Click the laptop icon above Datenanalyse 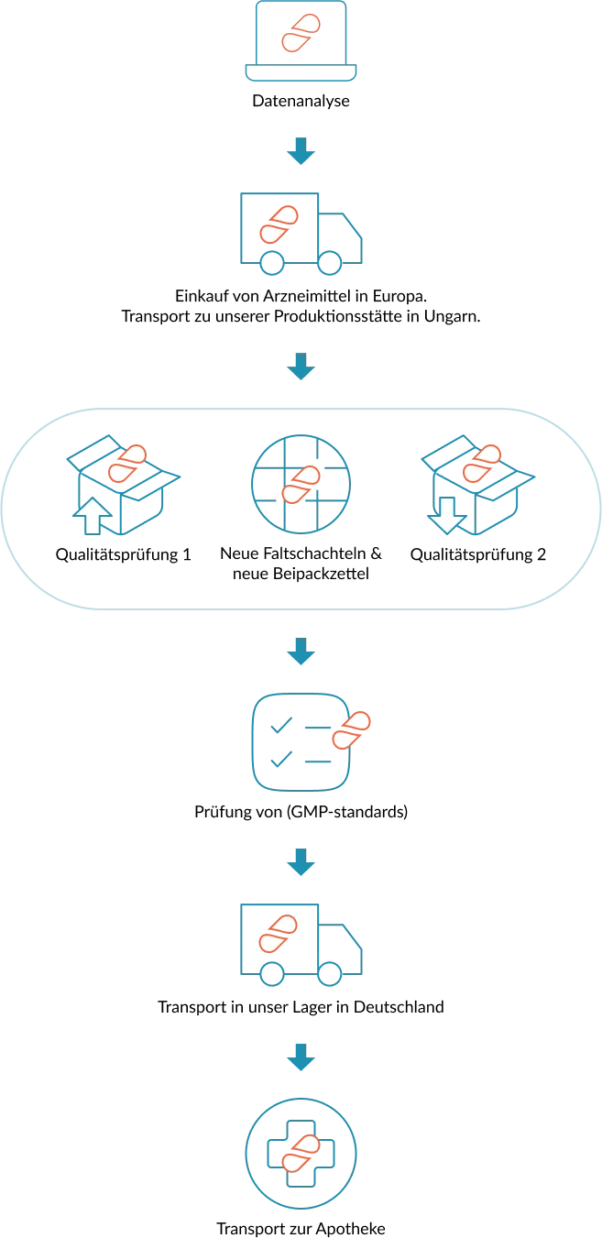(301, 41)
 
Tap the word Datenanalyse (301, 101)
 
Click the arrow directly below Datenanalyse (301, 151)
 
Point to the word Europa (400, 296)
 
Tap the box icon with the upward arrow (124, 485)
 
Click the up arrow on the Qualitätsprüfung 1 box (93, 516)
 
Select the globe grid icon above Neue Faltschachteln (301, 484)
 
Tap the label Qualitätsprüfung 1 (124, 555)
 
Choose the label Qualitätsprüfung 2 (478, 555)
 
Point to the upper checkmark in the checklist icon (281, 725)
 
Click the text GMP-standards (346, 812)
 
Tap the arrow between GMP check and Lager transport (301, 862)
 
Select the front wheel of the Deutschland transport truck (330, 974)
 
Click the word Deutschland (399, 1007)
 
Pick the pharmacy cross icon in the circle (301, 1154)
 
